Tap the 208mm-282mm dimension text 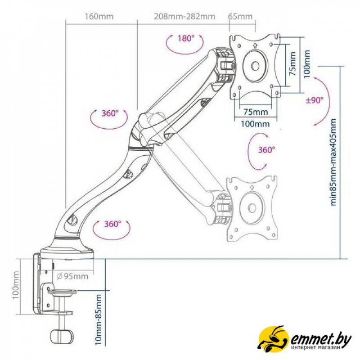pyautogui.click(x=184, y=17)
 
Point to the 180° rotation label pyautogui.click(x=185, y=39)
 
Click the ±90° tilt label pyautogui.click(x=315, y=100)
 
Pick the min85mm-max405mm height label pyautogui.click(x=333, y=162)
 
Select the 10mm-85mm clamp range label pyautogui.click(x=98, y=318)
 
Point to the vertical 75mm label pyautogui.click(x=292, y=64)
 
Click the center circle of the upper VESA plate pyautogui.click(x=255, y=66)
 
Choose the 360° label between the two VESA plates pyautogui.click(x=266, y=150)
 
